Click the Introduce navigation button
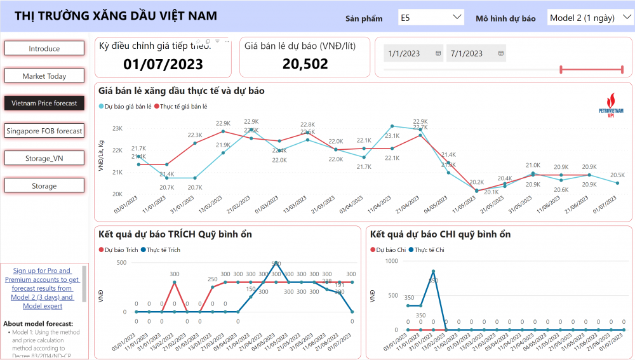pyautogui.click(x=44, y=48)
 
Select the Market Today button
pyautogui.click(x=44, y=76)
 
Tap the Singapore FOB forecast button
pyautogui.click(x=44, y=131)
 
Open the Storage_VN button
pyautogui.click(x=44, y=158)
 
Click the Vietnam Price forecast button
pyautogui.click(x=44, y=103)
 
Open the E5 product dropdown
pyautogui.click(x=431, y=17)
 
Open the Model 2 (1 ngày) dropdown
pyautogui.click(x=588, y=17)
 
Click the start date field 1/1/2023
pyautogui.click(x=413, y=54)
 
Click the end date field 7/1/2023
pyautogui.click(x=476, y=54)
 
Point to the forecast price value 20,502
pyautogui.click(x=305, y=63)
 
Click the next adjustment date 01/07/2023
pyautogui.click(x=163, y=63)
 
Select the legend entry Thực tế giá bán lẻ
pyautogui.click(x=184, y=106)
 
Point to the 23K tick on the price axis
pyautogui.click(x=117, y=129)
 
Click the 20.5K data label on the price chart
pyautogui.click(x=617, y=175)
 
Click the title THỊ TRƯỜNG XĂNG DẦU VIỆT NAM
pyautogui.click(x=116, y=16)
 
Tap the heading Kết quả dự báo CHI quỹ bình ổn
pyautogui.click(x=440, y=234)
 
